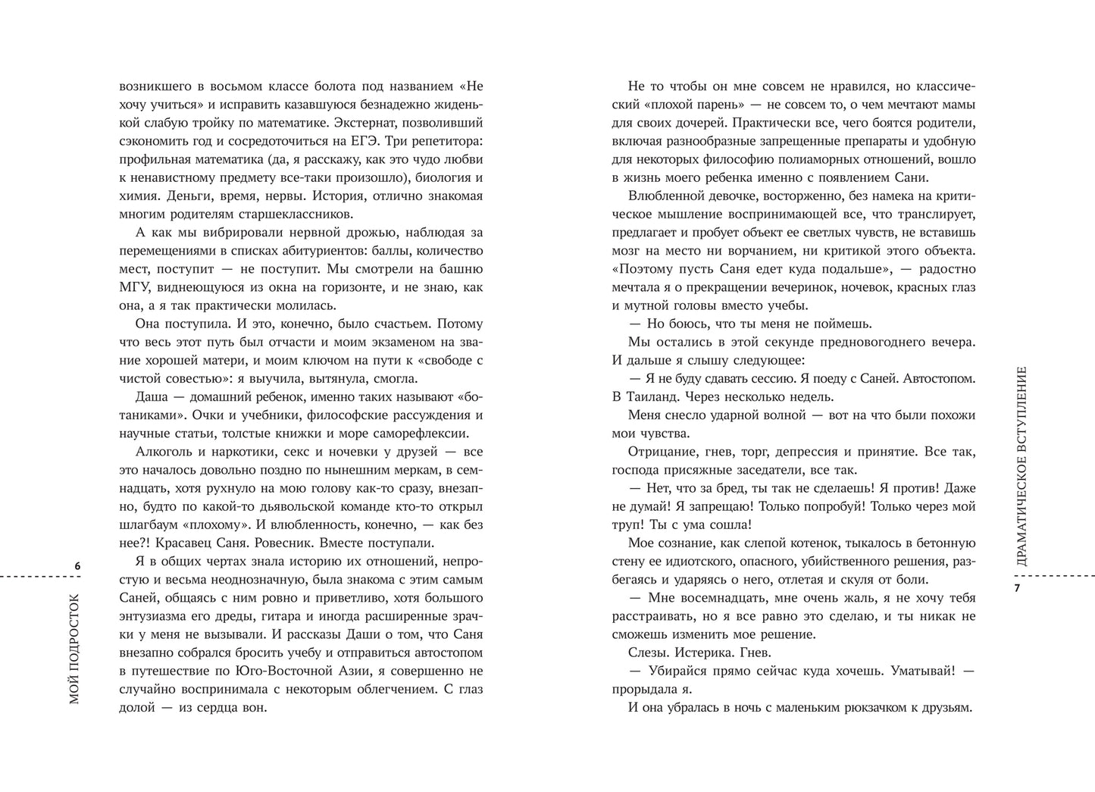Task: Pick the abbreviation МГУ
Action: (134, 287)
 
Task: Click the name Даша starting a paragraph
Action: (150, 397)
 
